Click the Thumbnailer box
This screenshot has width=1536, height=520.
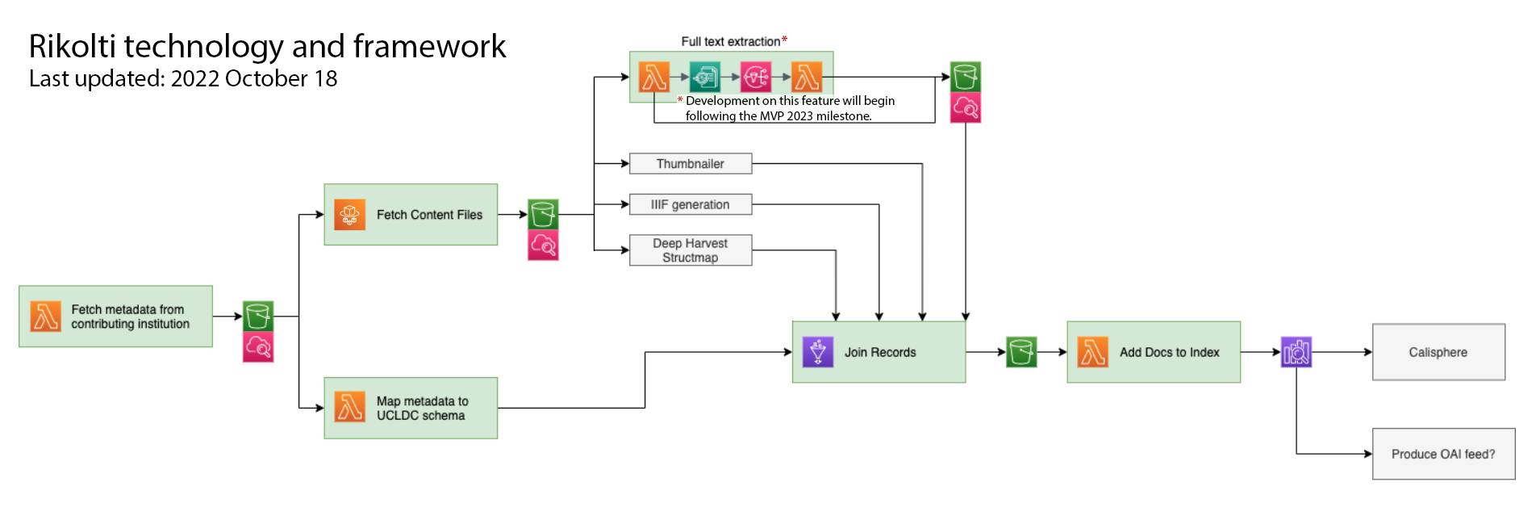point(691,164)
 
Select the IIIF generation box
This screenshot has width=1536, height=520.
point(691,204)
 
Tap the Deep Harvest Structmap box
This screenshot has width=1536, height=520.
point(691,250)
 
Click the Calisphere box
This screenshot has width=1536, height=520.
point(1438,352)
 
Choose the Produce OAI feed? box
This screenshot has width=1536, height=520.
point(1443,454)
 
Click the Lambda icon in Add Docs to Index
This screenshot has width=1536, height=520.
point(1092,352)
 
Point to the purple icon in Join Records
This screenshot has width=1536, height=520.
point(818,352)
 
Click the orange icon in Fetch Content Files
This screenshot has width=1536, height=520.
point(349,215)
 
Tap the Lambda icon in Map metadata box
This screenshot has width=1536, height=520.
point(349,408)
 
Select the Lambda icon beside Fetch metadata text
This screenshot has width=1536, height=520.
point(45,317)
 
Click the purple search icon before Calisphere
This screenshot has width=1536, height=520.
point(1296,352)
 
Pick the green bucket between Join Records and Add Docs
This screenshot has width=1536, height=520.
point(1021,352)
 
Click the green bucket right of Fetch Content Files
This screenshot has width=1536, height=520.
point(543,215)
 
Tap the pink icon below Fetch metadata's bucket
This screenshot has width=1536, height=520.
point(258,347)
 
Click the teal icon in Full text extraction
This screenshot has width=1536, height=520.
point(705,78)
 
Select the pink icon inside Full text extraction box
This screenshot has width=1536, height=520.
point(756,78)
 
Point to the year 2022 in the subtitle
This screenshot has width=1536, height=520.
point(195,78)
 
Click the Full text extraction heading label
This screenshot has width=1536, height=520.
point(731,41)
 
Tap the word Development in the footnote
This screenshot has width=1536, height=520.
point(723,100)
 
